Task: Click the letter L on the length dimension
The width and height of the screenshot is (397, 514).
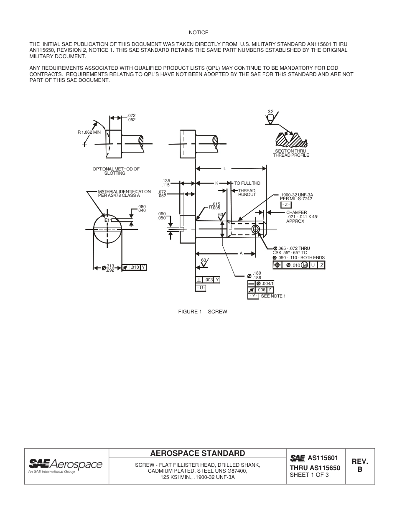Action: click(224, 169)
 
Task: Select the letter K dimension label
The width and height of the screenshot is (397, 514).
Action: click(217, 183)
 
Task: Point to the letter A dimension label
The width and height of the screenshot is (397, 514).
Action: click(241, 254)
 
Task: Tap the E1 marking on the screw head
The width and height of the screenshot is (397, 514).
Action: click(107, 220)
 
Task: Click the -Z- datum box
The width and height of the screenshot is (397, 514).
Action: click(286, 205)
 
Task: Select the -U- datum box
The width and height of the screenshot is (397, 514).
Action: click(201, 288)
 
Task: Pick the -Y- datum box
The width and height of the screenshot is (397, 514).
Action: click(253, 296)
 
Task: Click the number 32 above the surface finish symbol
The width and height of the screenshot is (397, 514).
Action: click(271, 112)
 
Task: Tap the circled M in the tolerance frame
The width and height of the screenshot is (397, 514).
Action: click(305, 265)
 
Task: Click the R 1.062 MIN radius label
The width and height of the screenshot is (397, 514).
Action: click(89, 132)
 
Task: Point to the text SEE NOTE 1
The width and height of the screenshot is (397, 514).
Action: click(273, 296)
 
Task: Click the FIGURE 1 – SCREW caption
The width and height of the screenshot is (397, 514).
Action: click(203, 312)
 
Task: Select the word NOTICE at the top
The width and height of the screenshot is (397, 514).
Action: click(198, 33)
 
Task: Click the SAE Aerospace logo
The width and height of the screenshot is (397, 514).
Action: click(65, 465)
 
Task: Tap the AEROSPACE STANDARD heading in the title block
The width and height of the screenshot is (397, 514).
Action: click(198, 453)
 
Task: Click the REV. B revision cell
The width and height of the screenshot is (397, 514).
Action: click(359, 465)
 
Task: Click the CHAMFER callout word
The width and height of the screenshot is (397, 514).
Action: click(296, 212)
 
